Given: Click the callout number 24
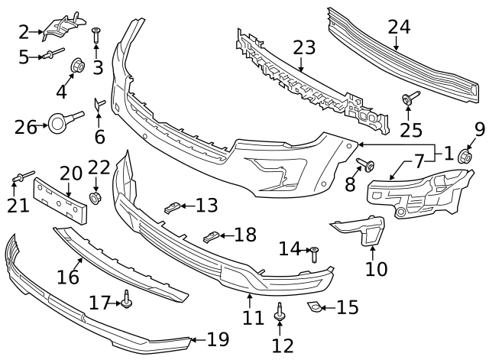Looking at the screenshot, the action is [x=399, y=27].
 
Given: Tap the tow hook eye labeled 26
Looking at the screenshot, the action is [x=58, y=123].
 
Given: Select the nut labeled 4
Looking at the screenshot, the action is [x=78, y=65].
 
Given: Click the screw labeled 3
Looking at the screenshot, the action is [x=96, y=36].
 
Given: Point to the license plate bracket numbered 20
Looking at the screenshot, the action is [x=60, y=200].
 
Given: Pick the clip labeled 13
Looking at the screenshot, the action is [x=172, y=207].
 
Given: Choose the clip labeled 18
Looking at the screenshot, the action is [x=212, y=237].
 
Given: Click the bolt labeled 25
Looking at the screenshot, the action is [x=410, y=97].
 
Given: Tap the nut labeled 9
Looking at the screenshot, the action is [x=465, y=156].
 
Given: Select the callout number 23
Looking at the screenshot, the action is [x=304, y=47].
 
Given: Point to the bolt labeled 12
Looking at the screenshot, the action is [x=279, y=313].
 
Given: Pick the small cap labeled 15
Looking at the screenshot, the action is [x=314, y=306].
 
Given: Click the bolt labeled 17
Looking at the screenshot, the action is [x=127, y=300].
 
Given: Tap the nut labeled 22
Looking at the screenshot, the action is [x=95, y=199].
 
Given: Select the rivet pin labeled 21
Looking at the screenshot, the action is [x=23, y=176].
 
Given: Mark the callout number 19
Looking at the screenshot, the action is [x=218, y=339].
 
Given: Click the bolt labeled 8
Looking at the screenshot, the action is [x=365, y=164].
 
